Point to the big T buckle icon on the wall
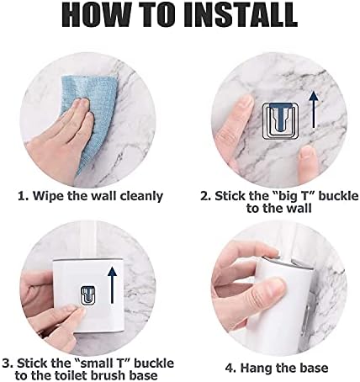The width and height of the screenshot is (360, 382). (x=280, y=120)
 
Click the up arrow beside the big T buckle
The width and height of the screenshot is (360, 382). (x=314, y=110)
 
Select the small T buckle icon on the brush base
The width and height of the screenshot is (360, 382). (x=88, y=295)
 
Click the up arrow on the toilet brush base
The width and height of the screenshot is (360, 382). (x=113, y=285)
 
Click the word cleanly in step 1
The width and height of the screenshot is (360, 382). (x=141, y=196)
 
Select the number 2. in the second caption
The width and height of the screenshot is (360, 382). (x=206, y=196)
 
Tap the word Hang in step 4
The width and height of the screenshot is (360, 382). (x=256, y=369)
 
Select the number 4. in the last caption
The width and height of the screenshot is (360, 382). (x=231, y=369)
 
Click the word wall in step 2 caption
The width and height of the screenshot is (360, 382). (x=300, y=209)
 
